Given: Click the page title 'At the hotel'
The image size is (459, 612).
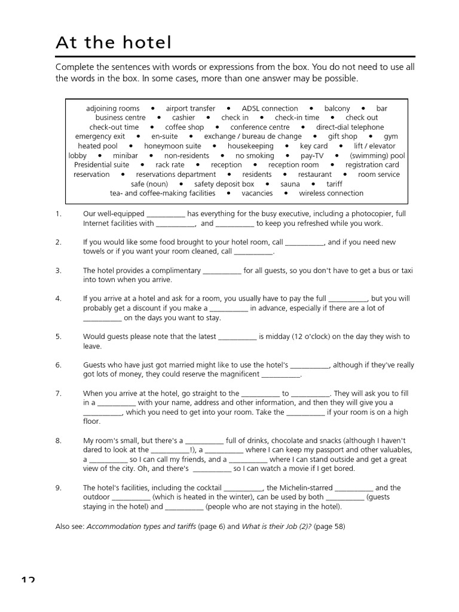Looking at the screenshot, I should pyautogui.click(x=114, y=42).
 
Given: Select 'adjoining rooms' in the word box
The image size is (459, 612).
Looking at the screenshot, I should pyautogui.click(x=112, y=108).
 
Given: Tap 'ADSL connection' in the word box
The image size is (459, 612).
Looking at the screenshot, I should pyautogui.click(x=270, y=108).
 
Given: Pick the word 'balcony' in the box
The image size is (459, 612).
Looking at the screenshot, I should pyautogui.click(x=337, y=108).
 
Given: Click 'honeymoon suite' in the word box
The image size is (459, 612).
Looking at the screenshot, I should pyautogui.click(x=173, y=146).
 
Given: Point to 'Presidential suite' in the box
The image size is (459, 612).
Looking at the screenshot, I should pyautogui.click(x=102, y=165).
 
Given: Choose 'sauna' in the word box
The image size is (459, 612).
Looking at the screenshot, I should pyautogui.click(x=290, y=184).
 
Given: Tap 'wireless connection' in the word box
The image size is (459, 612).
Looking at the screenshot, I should pyautogui.click(x=331, y=193).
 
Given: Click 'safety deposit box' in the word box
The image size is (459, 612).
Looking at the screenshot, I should pyautogui.click(x=224, y=184).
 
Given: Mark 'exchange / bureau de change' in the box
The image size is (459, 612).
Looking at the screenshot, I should pyautogui.click(x=252, y=136).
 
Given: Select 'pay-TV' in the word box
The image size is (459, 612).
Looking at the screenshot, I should pyautogui.click(x=311, y=155).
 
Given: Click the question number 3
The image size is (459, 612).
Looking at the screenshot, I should pyautogui.click(x=59, y=270).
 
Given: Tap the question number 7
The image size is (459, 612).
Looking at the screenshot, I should pyautogui.click(x=59, y=393).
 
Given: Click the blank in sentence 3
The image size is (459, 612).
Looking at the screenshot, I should pyautogui.click(x=222, y=271).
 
